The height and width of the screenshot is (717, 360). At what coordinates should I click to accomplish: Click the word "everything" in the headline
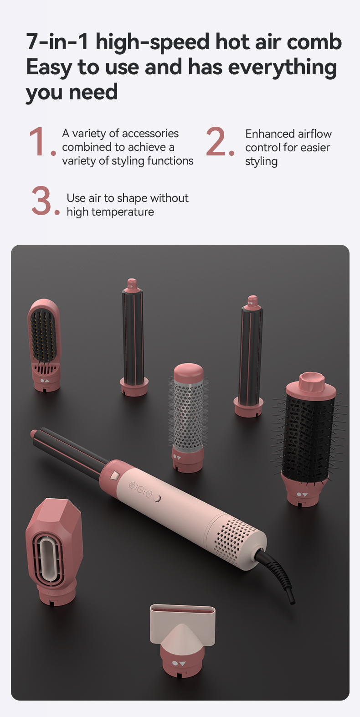pos(282,67)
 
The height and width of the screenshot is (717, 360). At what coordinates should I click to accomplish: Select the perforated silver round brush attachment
pos(188,417)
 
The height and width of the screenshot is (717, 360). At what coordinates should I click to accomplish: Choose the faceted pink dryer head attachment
pos(54,551)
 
